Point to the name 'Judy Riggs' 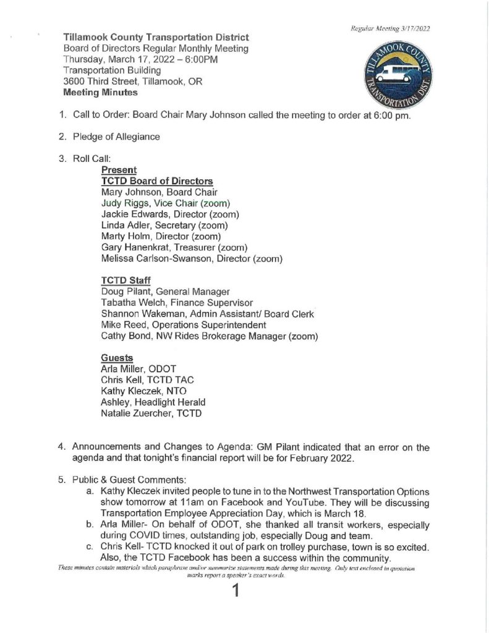tap(123, 203)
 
